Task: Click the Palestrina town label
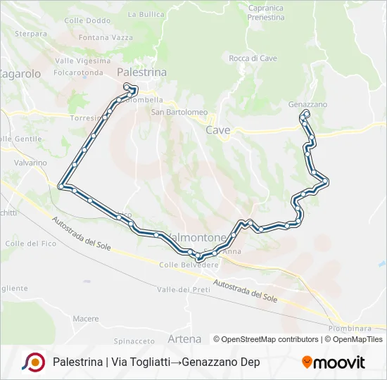(141, 72)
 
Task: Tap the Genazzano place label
(307, 104)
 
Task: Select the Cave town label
(217, 130)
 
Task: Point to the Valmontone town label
(196, 238)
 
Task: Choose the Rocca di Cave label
(253, 58)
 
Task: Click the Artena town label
(184, 339)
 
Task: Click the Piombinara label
(349, 329)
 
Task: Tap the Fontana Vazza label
(106, 37)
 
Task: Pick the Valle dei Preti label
(184, 290)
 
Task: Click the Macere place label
(86, 319)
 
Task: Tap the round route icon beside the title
(33, 362)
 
